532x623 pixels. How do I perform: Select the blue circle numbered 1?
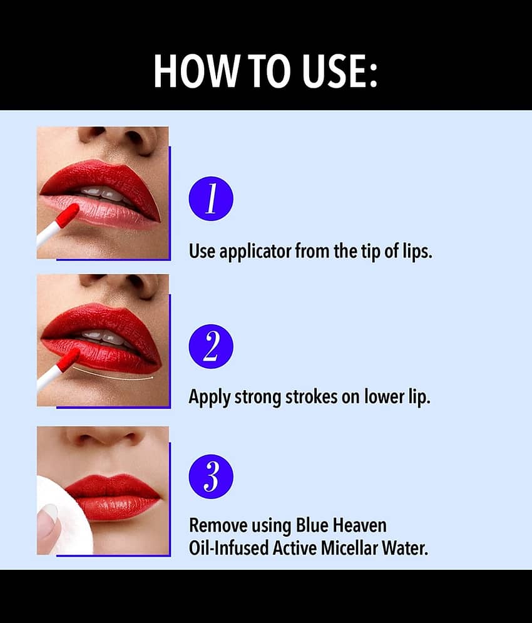click(x=211, y=198)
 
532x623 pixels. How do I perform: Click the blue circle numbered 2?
click(x=211, y=346)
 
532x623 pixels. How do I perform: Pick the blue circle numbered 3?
click(x=211, y=476)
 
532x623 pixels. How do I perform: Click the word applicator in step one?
click(x=255, y=252)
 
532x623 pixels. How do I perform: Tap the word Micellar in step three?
click(x=350, y=548)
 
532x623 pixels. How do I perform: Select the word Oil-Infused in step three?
click(x=229, y=548)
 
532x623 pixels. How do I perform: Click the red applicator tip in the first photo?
click(x=67, y=215)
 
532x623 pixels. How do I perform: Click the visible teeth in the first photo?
click(x=105, y=193)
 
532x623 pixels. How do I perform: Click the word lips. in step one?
click(x=417, y=252)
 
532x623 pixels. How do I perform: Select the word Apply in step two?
click(x=210, y=397)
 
